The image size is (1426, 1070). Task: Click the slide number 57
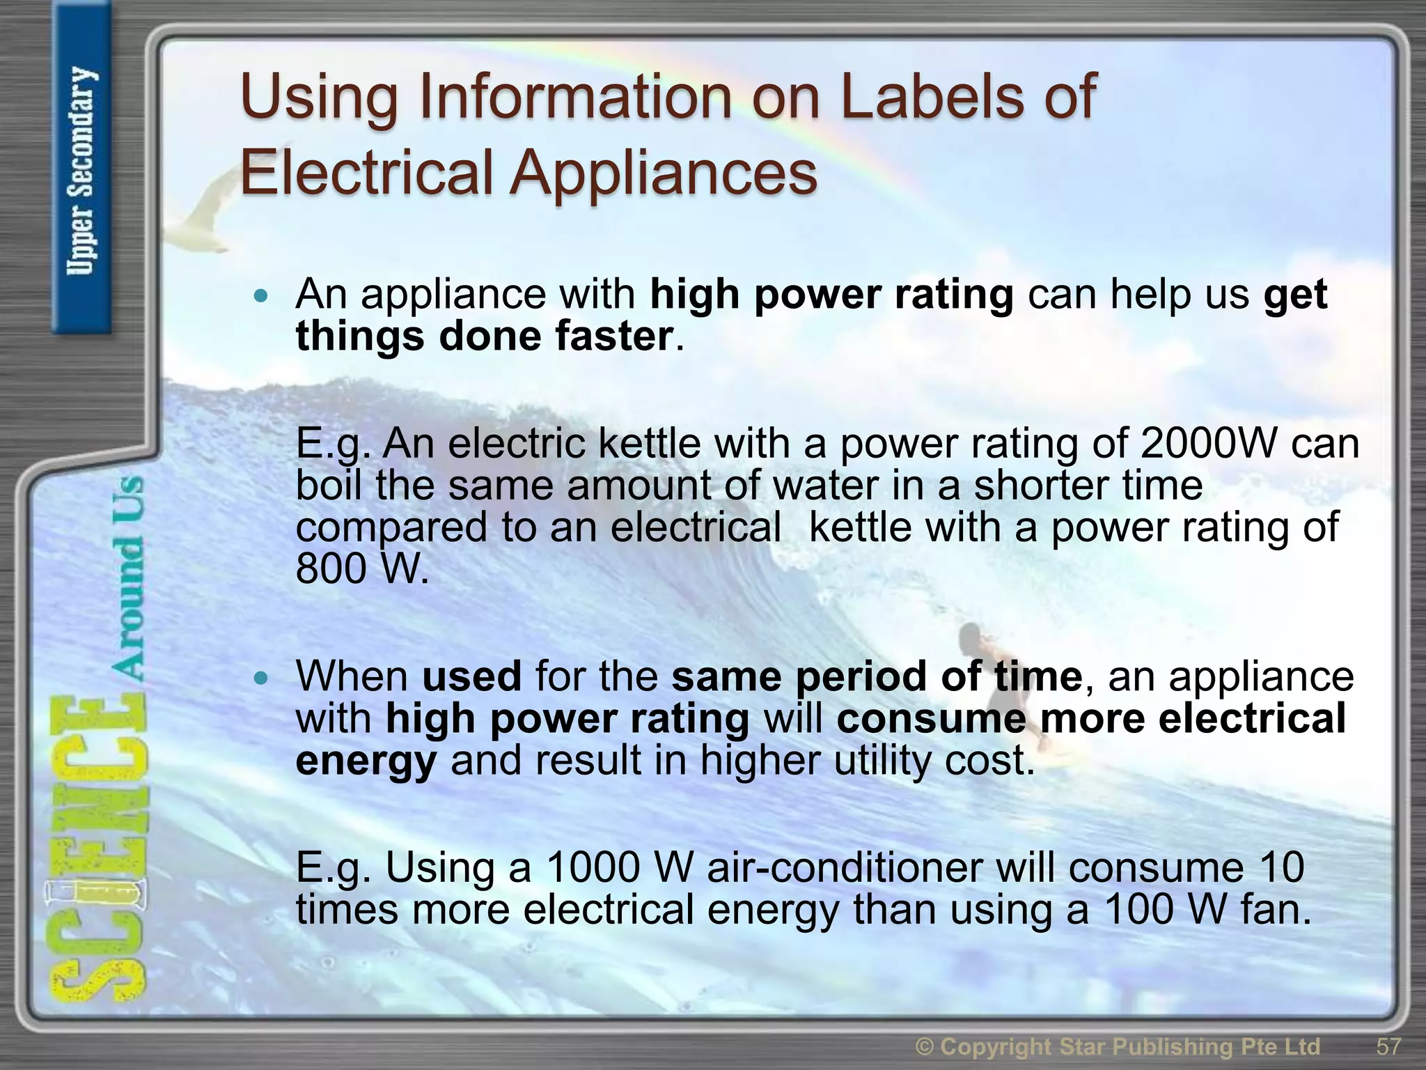pyautogui.click(x=1388, y=1046)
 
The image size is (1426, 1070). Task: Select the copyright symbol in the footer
pyautogui.click(x=925, y=1046)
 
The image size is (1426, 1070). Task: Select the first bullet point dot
pyautogui.click(x=261, y=297)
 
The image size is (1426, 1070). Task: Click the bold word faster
pyautogui.click(x=613, y=336)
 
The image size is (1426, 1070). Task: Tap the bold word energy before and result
pyautogui.click(x=366, y=761)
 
